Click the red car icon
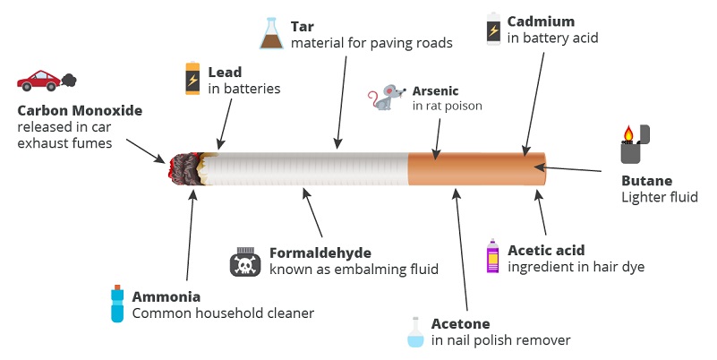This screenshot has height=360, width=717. point(38,81)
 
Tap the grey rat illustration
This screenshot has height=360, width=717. point(387,97)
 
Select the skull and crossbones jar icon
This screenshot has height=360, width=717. point(245,261)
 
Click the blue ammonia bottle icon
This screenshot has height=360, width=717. point(117,304)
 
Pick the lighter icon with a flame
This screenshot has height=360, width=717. point(636,144)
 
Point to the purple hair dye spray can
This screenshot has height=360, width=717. point(492,256)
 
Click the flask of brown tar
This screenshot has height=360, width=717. point(271,33)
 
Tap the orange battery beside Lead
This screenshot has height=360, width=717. point(192,78)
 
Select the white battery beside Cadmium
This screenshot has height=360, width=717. point(493,29)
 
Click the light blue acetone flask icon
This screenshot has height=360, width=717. point(415,332)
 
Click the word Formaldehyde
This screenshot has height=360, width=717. point(320,253)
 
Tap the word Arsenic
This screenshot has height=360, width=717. point(435,90)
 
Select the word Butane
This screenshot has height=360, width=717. point(646,181)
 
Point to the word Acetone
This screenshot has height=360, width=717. point(460,324)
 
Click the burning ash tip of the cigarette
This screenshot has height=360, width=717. point(186,168)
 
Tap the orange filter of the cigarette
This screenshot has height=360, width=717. point(476,168)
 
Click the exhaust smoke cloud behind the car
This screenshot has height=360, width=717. point(69,80)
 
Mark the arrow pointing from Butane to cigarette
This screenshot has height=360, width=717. point(568,168)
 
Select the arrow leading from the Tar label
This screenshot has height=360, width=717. point(341,102)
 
